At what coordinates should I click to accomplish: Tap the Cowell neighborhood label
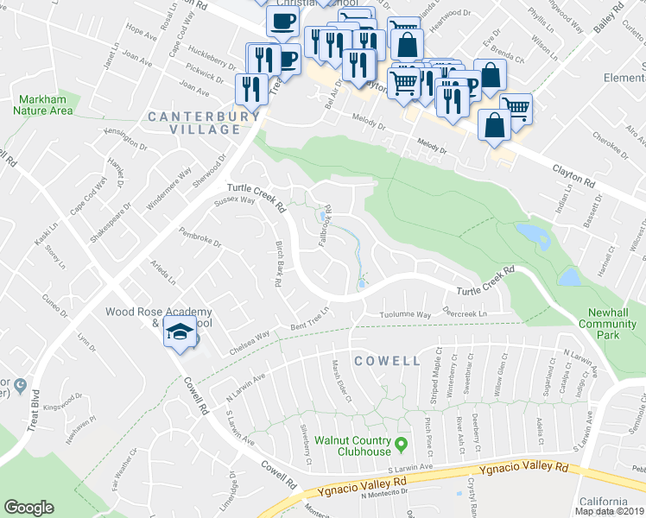pos(387,359)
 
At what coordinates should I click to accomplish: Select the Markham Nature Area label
pos(43,105)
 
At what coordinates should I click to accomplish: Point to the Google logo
pos(28,508)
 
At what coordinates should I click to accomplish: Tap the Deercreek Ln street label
pos(465,313)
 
